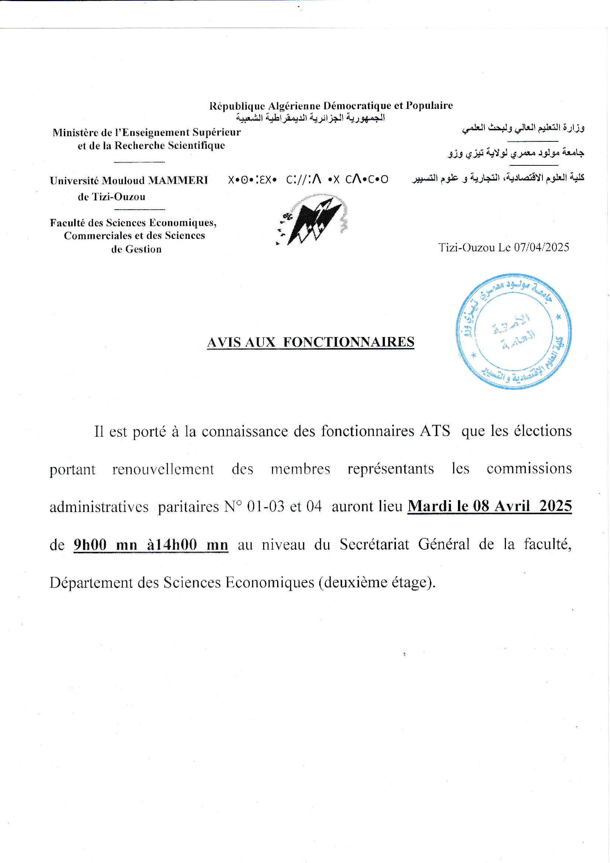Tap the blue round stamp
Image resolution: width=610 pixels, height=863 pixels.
click(514, 331)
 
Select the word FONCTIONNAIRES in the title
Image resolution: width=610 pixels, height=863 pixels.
click(348, 342)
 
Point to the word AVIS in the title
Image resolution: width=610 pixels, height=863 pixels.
click(224, 342)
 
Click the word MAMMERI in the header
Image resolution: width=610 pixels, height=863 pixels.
click(178, 180)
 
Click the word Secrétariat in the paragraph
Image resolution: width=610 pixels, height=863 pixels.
click(374, 544)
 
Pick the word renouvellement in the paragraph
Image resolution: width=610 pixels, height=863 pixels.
click(163, 469)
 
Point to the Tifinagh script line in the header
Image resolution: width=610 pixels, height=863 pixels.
click(308, 180)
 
